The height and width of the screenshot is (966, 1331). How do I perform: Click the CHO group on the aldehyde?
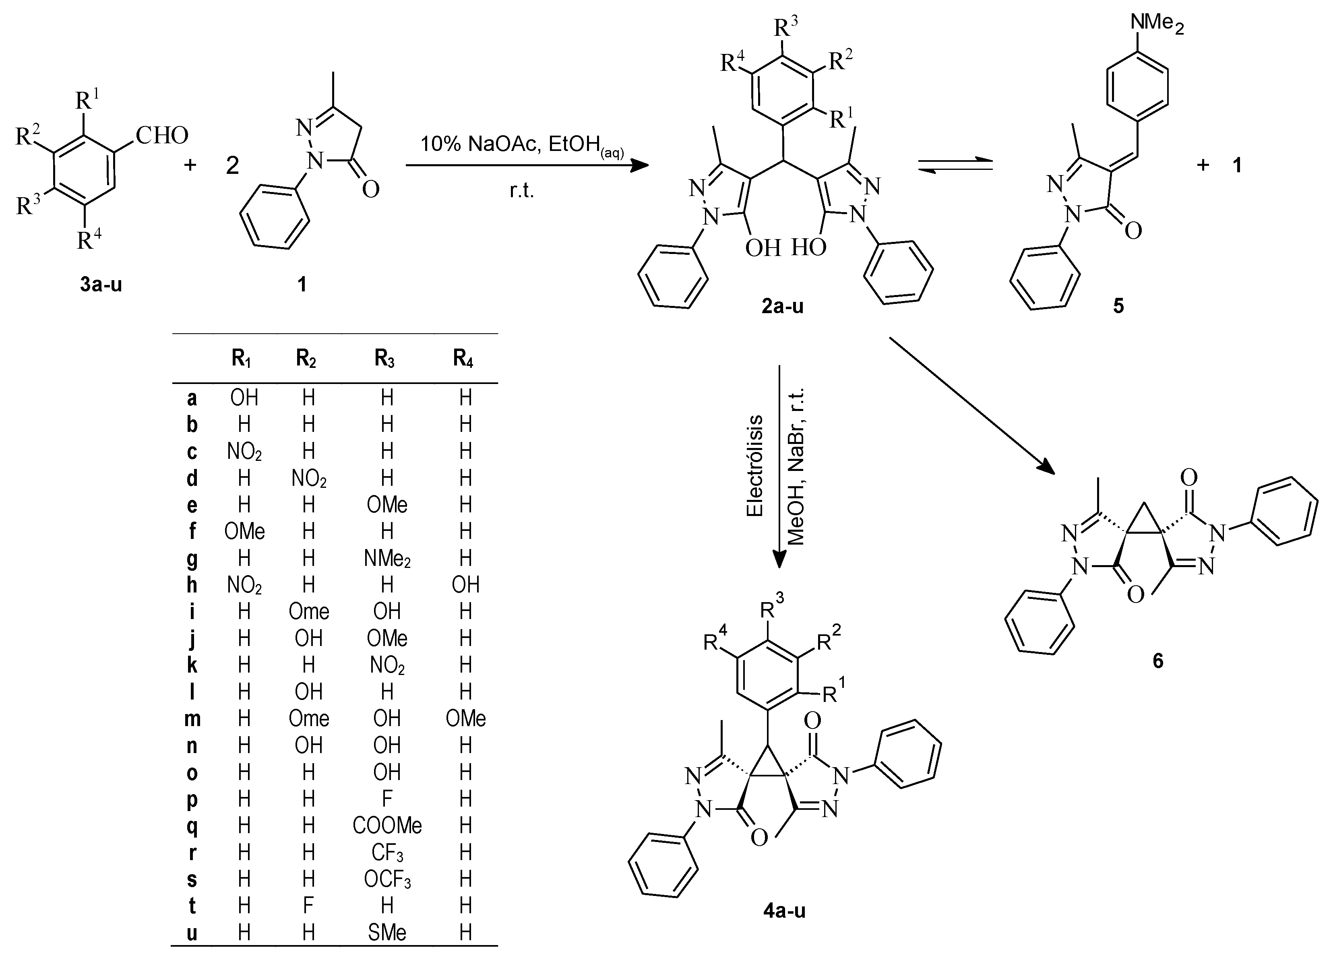pyautogui.click(x=162, y=136)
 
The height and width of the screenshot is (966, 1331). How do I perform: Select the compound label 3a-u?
pyautogui.click(x=101, y=285)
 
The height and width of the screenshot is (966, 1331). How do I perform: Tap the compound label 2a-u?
pyautogui.click(x=782, y=306)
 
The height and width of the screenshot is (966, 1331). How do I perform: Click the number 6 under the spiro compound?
pyautogui.click(x=1157, y=661)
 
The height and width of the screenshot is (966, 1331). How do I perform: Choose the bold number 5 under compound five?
pyautogui.click(x=1118, y=306)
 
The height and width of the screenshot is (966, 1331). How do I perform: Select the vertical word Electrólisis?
pyautogui.click(x=755, y=466)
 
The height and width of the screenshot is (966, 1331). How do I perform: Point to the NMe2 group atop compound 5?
pyautogui.click(x=1157, y=23)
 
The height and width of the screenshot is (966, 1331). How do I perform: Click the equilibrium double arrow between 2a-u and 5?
pyautogui.click(x=955, y=165)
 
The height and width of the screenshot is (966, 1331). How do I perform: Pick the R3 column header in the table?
pyautogui.click(x=384, y=359)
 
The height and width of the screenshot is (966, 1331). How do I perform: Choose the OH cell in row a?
pyautogui.click(x=244, y=398)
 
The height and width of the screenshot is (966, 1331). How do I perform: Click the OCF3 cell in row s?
pyautogui.click(x=387, y=879)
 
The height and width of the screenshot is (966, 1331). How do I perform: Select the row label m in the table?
pyautogui.click(x=192, y=719)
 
